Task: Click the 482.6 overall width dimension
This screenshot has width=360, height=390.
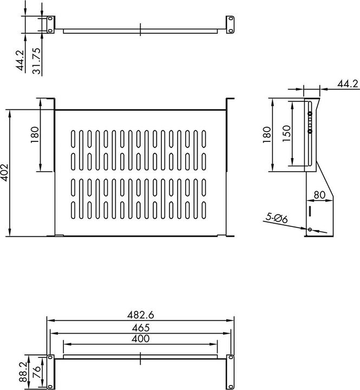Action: pos(140,314)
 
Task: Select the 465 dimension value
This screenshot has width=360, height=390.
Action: pos(140,327)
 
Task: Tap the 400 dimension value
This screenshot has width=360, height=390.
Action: pos(140,339)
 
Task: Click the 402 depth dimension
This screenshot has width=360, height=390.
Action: pos(6,172)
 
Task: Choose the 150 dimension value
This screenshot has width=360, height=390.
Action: pos(287,133)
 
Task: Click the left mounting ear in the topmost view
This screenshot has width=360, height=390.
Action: pos(50,25)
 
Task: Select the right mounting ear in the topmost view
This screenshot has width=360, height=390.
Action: pos(231,25)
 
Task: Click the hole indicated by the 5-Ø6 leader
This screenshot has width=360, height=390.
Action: pos(310,230)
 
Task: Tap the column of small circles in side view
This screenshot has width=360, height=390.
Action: pos(310,122)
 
